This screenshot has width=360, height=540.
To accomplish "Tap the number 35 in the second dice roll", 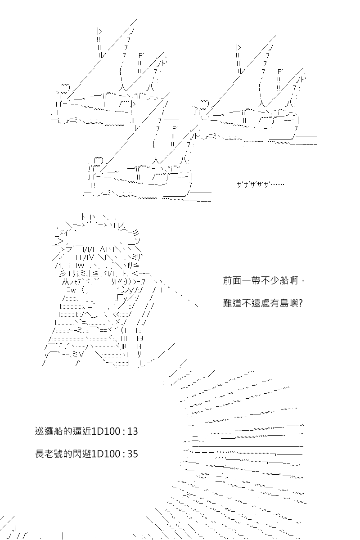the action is click(x=132, y=454).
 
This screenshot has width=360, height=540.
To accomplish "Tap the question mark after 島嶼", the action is click(x=301, y=303).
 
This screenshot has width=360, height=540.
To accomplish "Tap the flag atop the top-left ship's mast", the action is click(x=99, y=31).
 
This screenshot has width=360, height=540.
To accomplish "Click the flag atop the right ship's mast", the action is click(x=238, y=48).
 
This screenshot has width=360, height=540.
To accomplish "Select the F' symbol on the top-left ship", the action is click(x=141, y=56).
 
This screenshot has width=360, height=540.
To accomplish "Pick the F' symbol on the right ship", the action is click(x=280, y=72).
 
